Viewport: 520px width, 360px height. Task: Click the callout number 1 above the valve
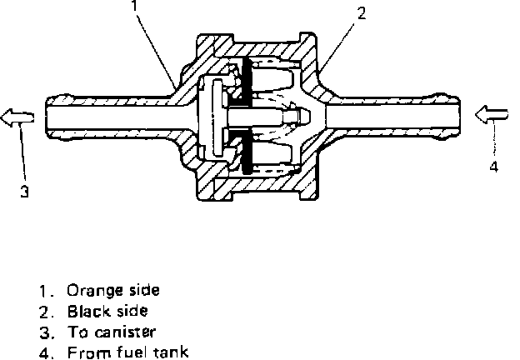(x=133, y=6)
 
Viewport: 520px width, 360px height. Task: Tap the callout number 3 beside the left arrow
(x=25, y=192)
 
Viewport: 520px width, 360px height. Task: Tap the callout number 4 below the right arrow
(x=493, y=166)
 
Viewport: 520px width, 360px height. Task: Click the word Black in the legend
(x=84, y=311)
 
